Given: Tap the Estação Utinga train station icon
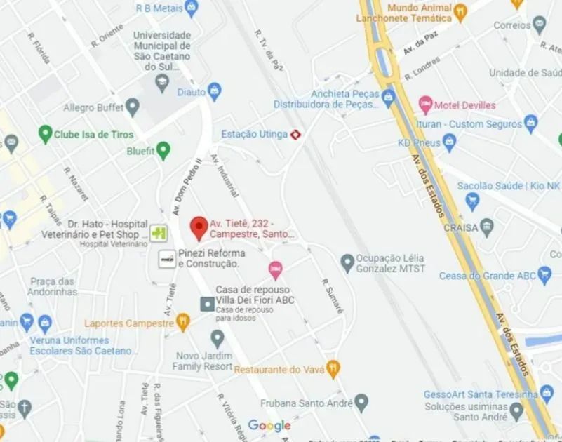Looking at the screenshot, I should [x=297, y=134].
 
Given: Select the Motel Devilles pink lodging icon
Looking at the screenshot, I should [x=425, y=105].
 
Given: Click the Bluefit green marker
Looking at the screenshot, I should [x=163, y=149].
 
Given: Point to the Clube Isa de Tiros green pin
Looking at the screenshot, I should [x=46, y=133].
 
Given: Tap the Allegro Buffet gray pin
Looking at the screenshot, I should [x=133, y=108].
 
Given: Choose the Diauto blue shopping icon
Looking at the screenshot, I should [x=215, y=91].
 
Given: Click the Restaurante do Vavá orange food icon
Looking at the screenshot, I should [x=334, y=367].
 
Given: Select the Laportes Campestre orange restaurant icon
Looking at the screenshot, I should [x=183, y=323].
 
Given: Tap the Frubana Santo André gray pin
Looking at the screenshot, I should [x=361, y=403].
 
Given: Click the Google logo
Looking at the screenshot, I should [x=269, y=425].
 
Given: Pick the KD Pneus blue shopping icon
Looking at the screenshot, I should [x=450, y=142].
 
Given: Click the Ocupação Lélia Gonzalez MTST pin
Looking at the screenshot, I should [x=347, y=262].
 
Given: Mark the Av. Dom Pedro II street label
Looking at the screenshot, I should [x=180, y=188].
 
